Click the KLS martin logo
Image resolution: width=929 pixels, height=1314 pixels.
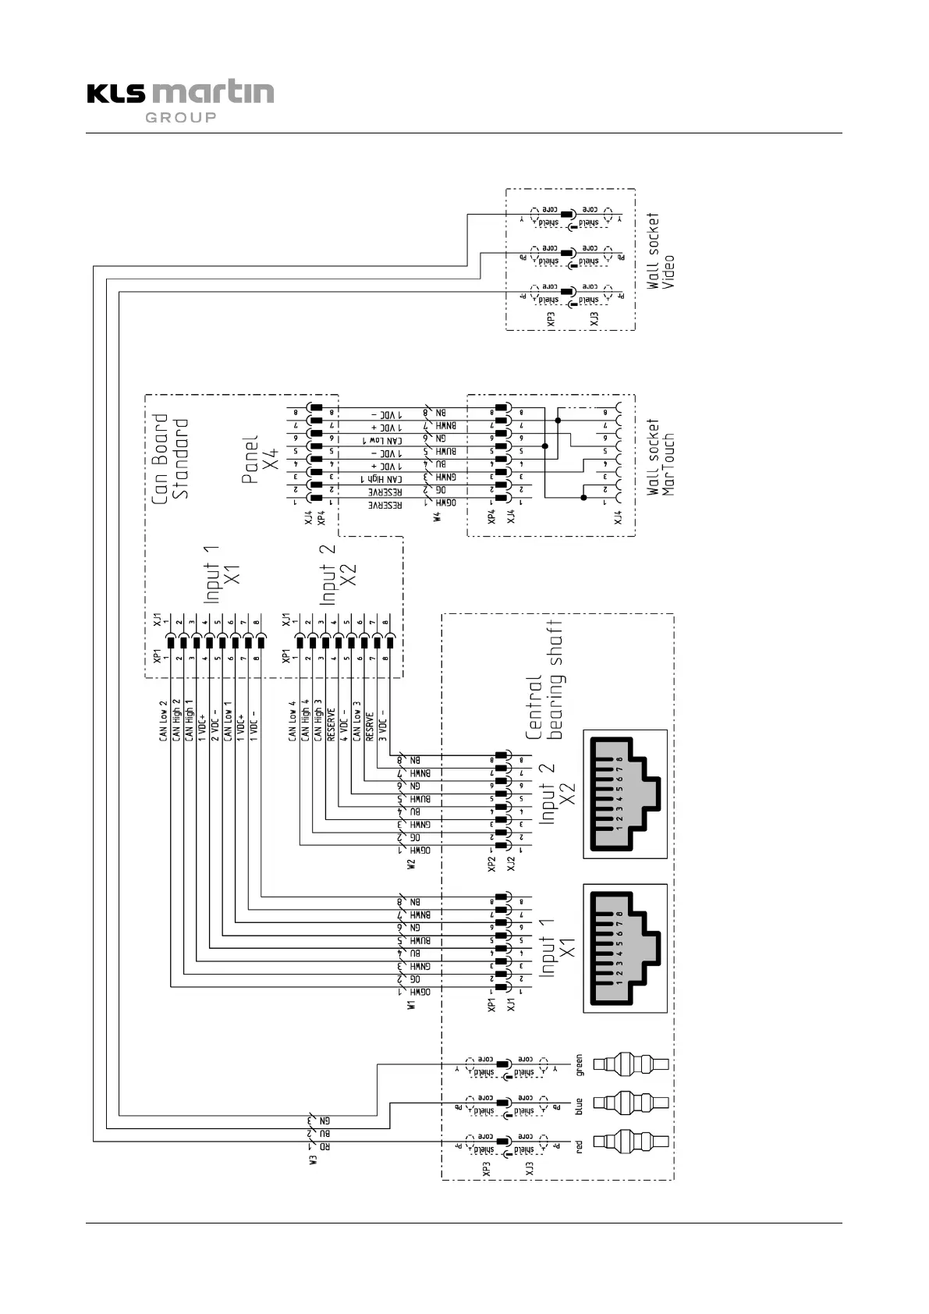pyautogui.click(x=180, y=93)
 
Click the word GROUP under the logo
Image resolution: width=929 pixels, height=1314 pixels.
pyautogui.click(x=180, y=118)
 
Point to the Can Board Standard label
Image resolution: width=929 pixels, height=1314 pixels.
pyautogui.click(x=170, y=456)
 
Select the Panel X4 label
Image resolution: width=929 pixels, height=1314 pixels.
pyautogui.click(x=261, y=460)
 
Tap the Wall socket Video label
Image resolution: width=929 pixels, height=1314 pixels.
pyautogui.click(x=661, y=251)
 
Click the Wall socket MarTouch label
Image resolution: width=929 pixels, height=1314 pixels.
pyautogui.click(x=661, y=456)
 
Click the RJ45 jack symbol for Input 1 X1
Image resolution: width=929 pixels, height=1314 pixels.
pyautogui.click(x=626, y=948)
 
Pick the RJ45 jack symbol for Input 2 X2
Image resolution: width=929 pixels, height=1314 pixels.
pyautogui.click(x=626, y=794)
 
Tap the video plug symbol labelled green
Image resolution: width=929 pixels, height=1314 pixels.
pyautogui.click(x=631, y=1064)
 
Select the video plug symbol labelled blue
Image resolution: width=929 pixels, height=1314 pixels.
pyautogui.click(x=631, y=1103)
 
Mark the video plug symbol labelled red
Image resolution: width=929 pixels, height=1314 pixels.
pyautogui.click(x=631, y=1142)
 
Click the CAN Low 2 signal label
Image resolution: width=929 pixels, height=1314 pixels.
pyautogui.click(x=163, y=720)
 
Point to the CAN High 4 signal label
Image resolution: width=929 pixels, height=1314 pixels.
pyautogui.click(x=305, y=720)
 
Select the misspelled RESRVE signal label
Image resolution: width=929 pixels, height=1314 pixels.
pyautogui.click(x=370, y=725)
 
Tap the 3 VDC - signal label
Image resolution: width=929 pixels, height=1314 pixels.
pyautogui.click(x=382, y=726)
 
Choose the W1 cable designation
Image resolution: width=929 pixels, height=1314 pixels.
pyautogui.click(x=411, y=1004)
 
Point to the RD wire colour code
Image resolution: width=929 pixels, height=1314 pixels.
pyautogui.click(x=325, y=1147)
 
